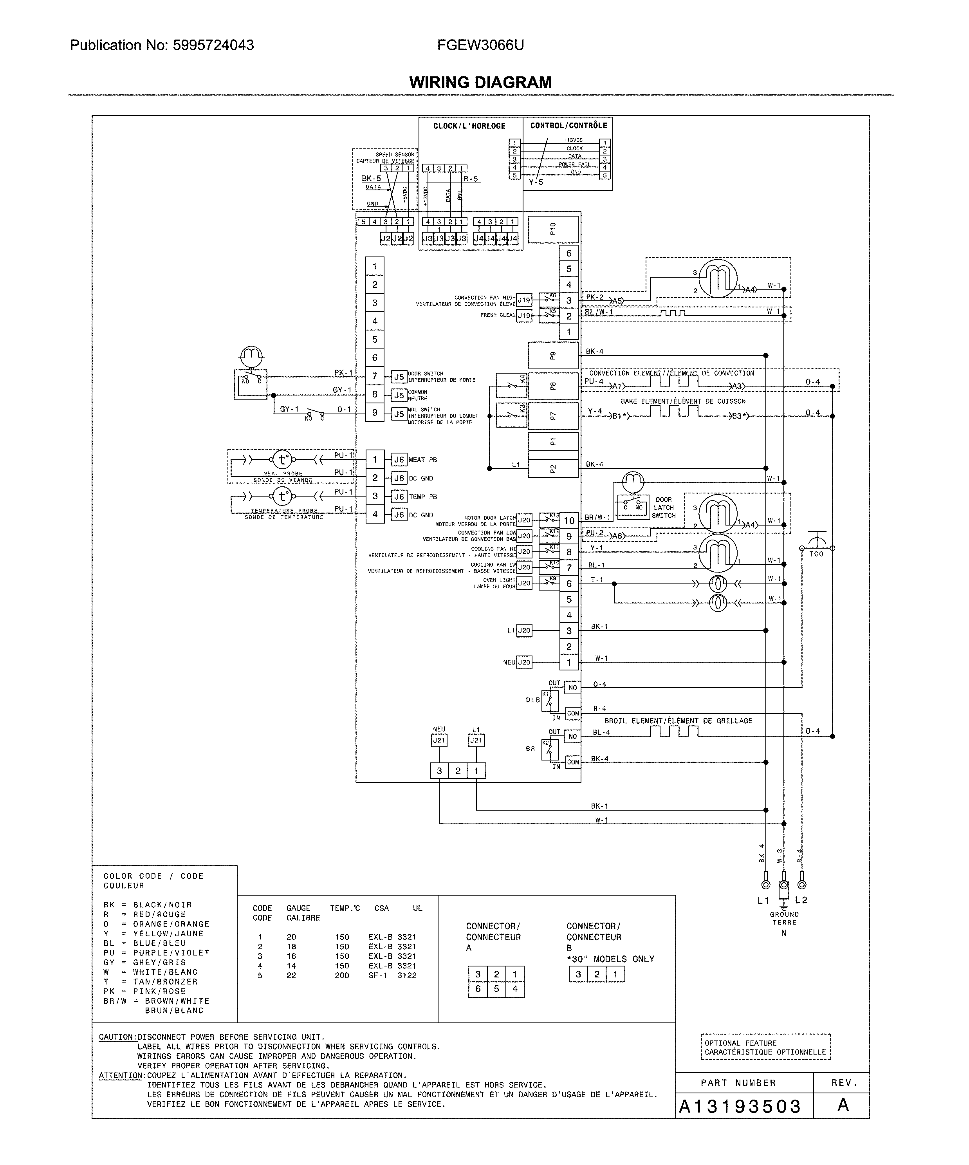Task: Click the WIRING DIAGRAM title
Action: (480, 83)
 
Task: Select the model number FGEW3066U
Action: (480, 45)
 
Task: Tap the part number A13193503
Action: (740, 1106)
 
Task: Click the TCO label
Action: (816, 554)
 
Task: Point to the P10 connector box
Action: (553, 229)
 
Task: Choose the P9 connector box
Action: (553, 356)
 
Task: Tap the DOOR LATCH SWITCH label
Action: (663, 508)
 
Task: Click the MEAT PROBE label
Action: (283, 474)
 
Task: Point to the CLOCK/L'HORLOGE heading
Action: (469, 126)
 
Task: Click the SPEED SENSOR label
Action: (395, 155)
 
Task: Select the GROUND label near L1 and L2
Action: (784, 914)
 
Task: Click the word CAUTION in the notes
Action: (117, 1037)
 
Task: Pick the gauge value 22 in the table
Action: (291, 975)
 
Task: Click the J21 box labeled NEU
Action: (439, 740)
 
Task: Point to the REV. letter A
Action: (843, 1105)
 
